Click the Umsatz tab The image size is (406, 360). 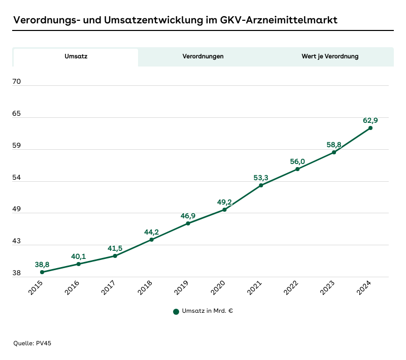76,56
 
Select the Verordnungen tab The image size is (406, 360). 203,56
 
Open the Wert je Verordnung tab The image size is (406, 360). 330,56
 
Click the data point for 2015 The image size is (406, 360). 42,272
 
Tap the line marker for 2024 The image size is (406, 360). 370,128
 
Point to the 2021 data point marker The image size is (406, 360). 261,185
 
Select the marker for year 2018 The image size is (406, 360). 151,240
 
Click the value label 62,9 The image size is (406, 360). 370,120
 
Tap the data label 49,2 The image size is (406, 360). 224,202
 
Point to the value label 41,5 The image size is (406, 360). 115,248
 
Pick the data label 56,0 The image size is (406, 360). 297,161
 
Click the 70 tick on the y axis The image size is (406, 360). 16,81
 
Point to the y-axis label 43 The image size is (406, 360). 16,241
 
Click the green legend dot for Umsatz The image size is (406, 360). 176,311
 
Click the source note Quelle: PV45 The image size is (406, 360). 32,343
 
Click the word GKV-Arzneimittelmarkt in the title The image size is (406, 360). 279,20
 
